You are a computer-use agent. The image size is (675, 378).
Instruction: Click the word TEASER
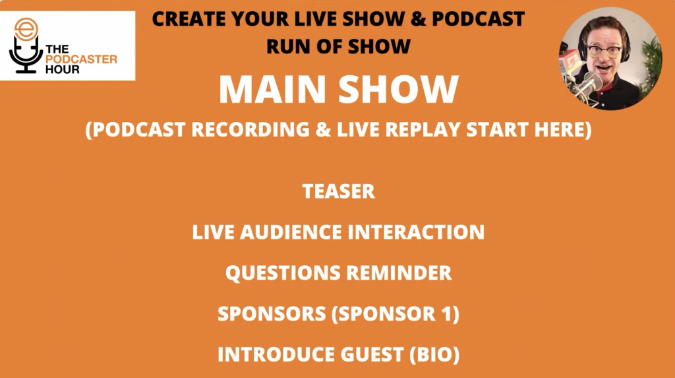point(338,191)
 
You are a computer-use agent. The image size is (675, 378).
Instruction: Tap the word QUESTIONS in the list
point(283,273)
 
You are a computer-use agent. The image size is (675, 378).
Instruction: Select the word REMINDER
point(399,273)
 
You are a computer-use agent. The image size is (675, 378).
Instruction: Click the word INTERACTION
point(416,232)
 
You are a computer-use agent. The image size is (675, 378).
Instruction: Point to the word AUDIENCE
point(291,232)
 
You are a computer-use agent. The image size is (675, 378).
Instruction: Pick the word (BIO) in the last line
point(434,354)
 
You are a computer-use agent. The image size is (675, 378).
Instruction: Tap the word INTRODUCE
point(276,354)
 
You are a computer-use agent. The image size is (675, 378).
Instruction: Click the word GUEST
point(372,354)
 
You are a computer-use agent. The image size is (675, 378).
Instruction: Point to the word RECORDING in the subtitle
point(250,129)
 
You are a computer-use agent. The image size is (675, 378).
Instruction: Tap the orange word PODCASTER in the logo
point(81,59)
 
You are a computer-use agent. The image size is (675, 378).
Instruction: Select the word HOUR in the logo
point(63,69)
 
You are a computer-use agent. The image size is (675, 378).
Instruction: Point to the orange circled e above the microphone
point(26,29)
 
